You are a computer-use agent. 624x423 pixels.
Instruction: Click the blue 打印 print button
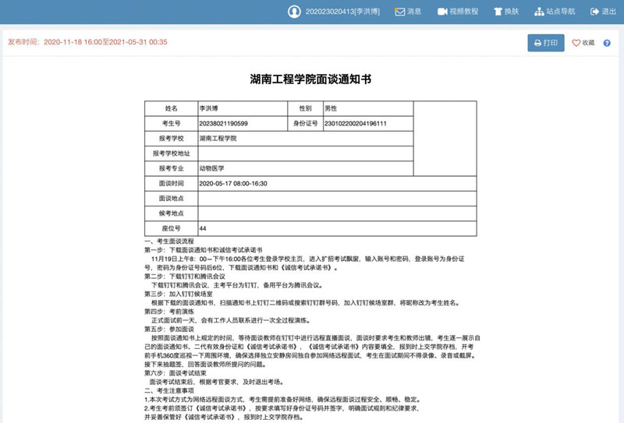coord(545,43)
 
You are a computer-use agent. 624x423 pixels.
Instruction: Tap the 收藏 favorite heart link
coord(583,43)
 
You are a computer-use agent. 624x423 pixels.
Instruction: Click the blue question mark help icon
coord(607,43)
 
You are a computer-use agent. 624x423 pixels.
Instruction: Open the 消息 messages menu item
coord(408,12)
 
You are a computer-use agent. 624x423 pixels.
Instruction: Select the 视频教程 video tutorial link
coord(458,12)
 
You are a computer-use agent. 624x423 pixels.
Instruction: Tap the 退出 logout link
coord(603,12)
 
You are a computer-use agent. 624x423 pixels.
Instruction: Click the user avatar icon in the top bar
coord(294,12)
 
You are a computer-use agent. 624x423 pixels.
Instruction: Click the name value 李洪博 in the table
coord(209,108)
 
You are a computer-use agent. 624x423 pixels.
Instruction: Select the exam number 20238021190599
coord(224,123)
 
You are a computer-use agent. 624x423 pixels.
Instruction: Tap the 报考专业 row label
coord(172,168)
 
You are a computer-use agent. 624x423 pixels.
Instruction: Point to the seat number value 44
coord(203,228)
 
